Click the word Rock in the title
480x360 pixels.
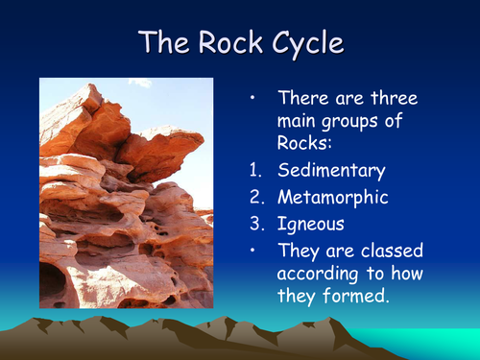[228, 41]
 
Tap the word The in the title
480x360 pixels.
[163, 41]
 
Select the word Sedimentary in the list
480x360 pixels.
[331, 172]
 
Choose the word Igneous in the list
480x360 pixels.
[310, 225]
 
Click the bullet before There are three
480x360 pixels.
[252, 98]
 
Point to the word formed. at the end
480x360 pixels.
[361, 298]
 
